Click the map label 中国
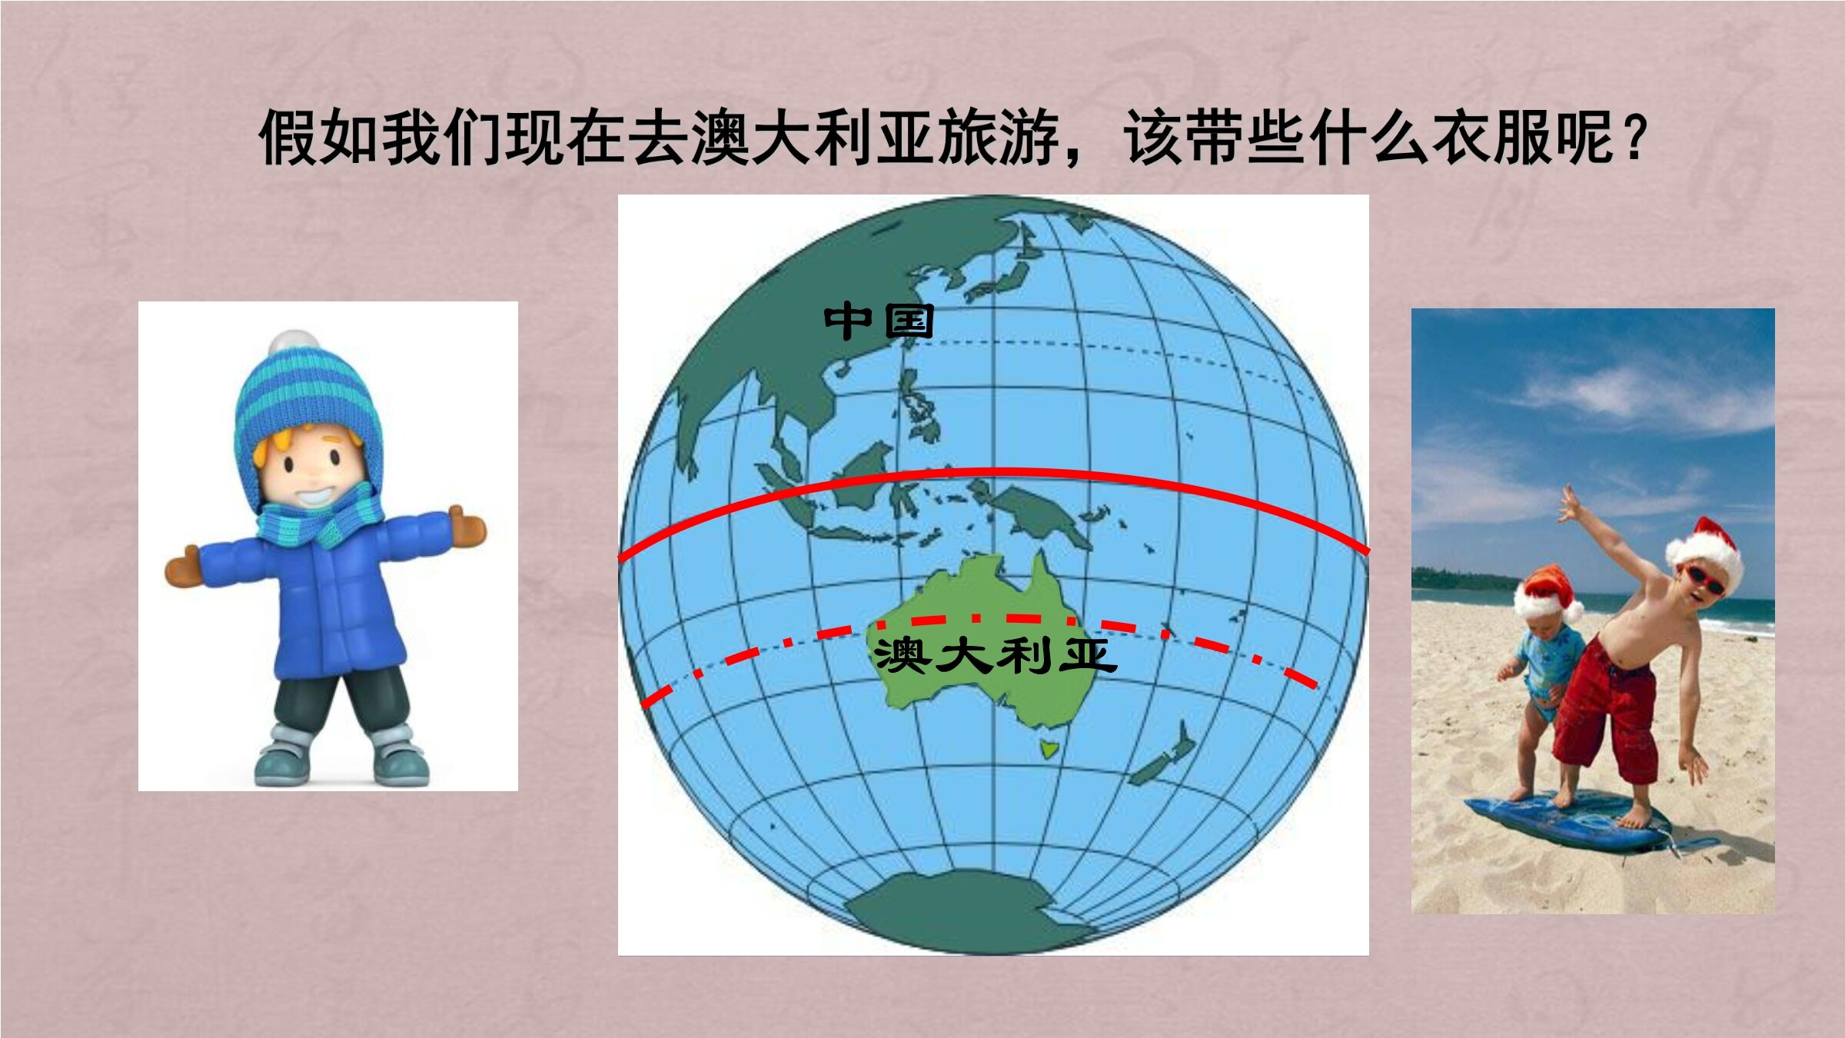tap(879, 321)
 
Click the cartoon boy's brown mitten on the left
tap(182, 567)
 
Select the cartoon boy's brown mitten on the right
tap(467, 527)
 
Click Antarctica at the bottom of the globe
tap(970, 912)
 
